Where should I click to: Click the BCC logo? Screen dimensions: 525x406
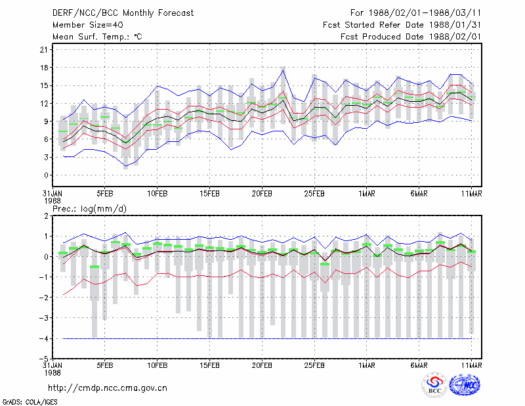coord(434,386)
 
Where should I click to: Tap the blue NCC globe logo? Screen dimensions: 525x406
coord(465,385)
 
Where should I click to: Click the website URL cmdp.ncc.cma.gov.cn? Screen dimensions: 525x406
coord(108,388)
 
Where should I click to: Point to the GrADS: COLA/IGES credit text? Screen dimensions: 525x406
coord(30,402)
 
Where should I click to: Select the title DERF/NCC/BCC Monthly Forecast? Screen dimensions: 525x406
coord(123,13)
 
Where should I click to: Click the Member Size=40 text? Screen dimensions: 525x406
coord(88,25)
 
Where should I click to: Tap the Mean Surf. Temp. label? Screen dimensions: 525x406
coord(97,37)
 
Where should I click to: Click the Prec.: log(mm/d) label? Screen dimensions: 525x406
coord(89,209)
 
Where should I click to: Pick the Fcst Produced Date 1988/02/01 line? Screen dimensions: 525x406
coord(411,37)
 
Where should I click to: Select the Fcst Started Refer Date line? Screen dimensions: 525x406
coord(402,25)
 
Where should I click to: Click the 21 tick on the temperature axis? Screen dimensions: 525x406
coord(44,50)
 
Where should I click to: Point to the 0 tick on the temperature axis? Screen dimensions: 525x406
coord(46,175)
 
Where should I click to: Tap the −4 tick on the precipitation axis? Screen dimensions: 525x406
coord(43,338)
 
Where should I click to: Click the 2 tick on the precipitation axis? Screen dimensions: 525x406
coord(46,216)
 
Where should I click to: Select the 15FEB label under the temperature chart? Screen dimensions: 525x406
coord(209,194)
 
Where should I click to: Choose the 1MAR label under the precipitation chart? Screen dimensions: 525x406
coord(367,365)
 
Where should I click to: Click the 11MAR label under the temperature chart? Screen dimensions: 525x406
coord(471,194)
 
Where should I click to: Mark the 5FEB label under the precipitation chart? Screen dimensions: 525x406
coord(105,365)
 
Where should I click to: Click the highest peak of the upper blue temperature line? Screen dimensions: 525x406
coord(283,70)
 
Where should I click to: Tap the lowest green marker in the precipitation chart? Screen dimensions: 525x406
coord(94,267)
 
